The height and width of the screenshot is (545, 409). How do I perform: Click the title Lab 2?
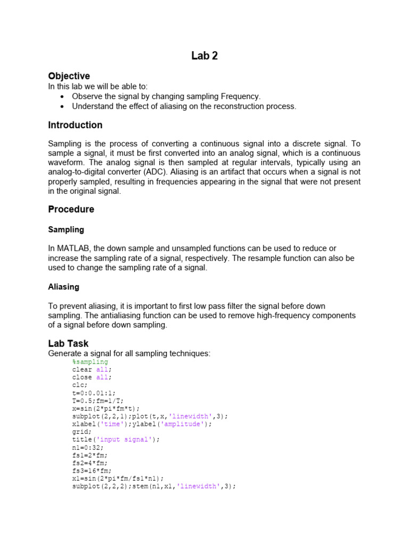204,56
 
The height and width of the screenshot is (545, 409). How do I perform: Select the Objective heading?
69,76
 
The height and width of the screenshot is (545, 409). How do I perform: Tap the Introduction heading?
75,125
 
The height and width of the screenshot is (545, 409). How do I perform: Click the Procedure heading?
71,209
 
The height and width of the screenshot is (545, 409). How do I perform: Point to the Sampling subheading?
66,229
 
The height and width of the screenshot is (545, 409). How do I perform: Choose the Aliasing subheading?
63,286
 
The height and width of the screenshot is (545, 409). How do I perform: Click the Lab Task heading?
68,343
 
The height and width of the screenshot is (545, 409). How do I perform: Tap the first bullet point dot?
63,96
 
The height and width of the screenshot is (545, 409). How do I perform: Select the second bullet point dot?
63,106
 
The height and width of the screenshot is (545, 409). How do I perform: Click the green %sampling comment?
90,362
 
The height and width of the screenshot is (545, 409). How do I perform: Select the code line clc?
79,385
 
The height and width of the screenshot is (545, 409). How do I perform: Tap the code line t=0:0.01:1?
92,393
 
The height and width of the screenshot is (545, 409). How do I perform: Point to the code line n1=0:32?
88,448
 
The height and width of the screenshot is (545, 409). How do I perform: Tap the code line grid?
82,432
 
